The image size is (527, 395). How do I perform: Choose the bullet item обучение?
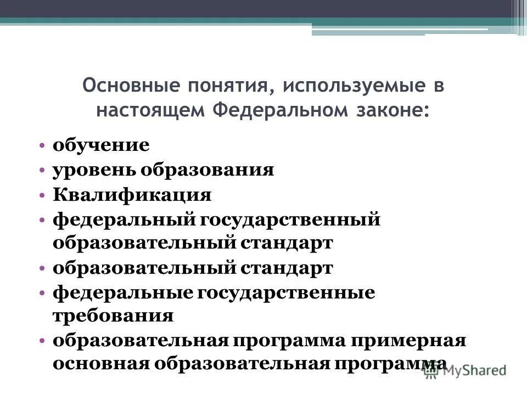(101, 146)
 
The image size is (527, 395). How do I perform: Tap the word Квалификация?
(132, 195)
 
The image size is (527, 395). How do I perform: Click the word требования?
(113, 317)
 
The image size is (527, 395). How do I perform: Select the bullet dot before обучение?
(43, 146)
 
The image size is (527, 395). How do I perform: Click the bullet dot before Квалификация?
(43, 195)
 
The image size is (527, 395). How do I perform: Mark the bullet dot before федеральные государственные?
(43, 293)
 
